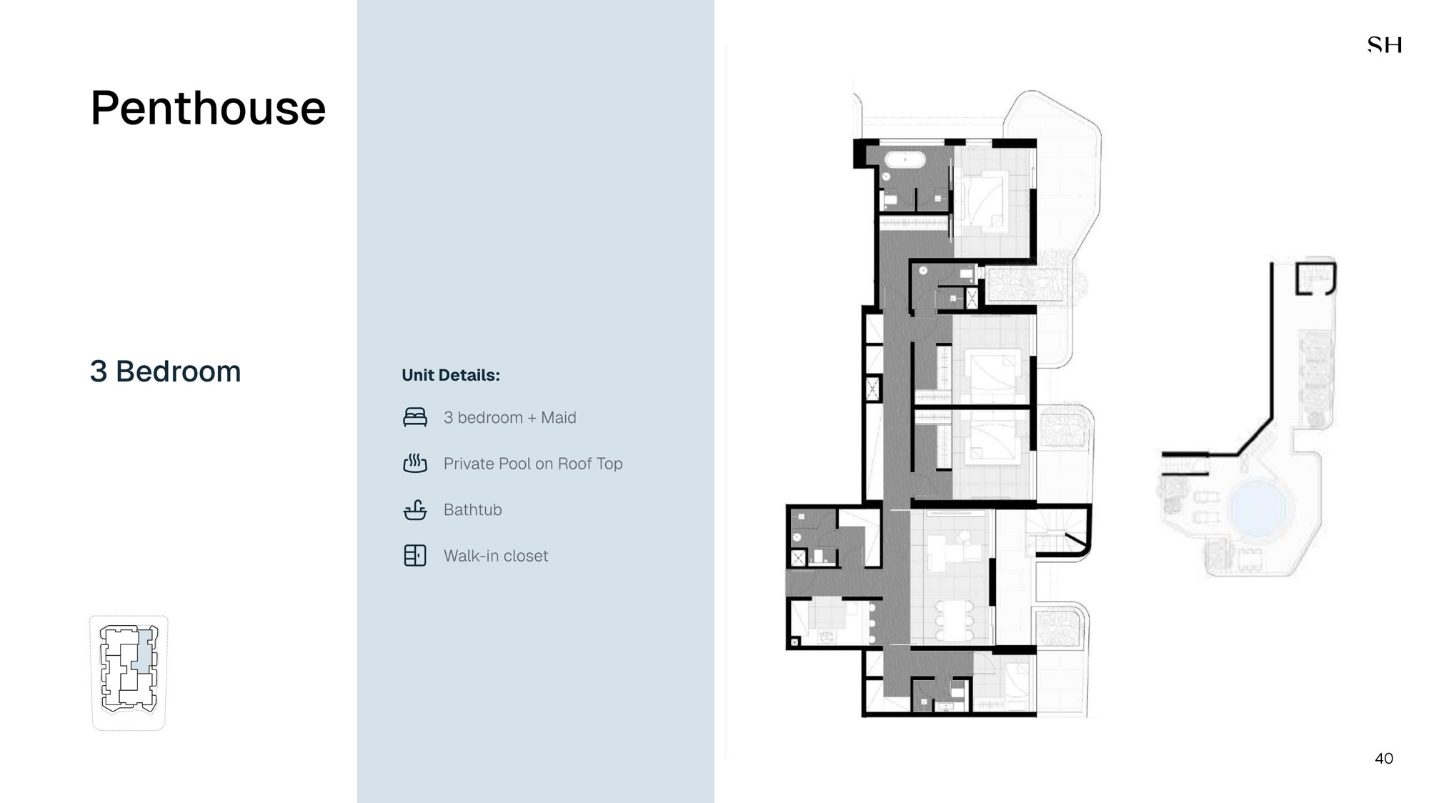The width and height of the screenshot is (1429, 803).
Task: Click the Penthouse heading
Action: coord(208,109)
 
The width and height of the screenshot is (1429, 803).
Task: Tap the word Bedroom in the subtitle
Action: coord(178,371)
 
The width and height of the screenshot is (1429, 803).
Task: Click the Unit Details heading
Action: coord(451,375)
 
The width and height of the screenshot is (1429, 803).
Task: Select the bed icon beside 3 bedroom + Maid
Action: coord(415,417)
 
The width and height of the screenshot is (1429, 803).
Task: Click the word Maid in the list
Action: coord(558,417)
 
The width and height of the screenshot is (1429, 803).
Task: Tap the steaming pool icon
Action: coord(415,464)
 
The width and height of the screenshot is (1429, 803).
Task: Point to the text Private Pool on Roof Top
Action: coord(533,464)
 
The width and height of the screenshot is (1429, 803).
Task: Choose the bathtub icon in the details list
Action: coord(415,510)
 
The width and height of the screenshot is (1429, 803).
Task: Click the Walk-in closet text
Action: coord(496,556)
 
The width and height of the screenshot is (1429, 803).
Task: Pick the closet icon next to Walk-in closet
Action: coord(415,556)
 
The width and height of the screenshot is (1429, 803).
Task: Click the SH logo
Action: coord(1385,45)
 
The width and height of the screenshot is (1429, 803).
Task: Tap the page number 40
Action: coord(1384,759)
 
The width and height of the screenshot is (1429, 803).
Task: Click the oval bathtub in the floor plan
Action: coord(905,159)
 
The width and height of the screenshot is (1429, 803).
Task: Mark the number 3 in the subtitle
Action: coord(99,371)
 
